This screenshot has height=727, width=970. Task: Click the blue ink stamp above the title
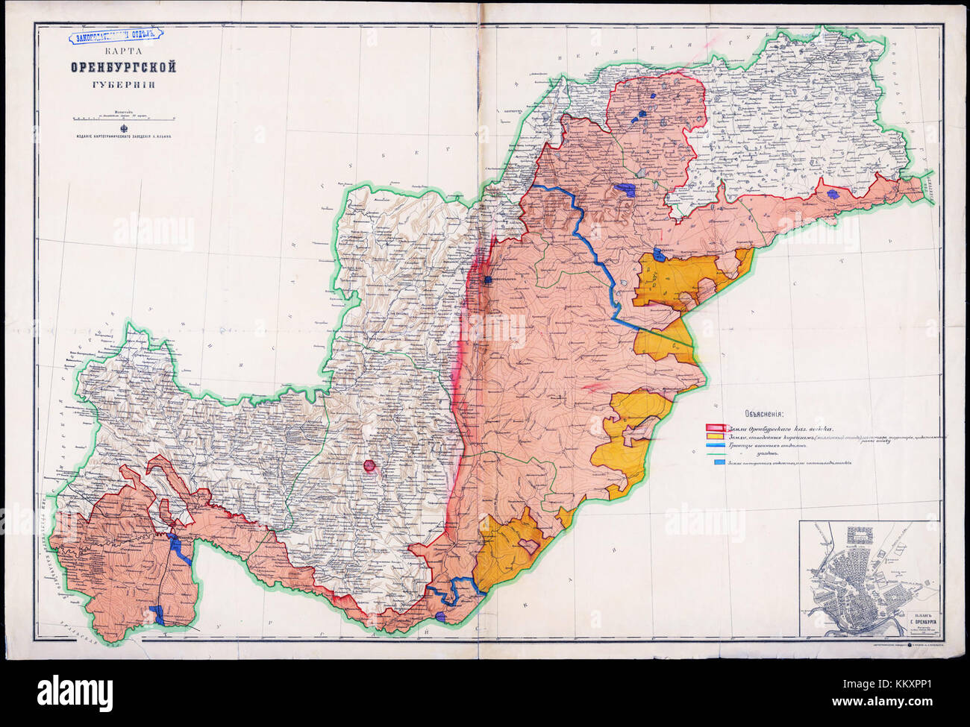[x=113, y=34]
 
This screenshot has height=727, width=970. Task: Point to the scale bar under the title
[x=122, y=118]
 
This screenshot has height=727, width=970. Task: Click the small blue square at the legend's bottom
[x=718, y=463]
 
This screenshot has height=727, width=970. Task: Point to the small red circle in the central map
[x=369, y=467]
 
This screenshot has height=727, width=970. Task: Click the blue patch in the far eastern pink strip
[x=833, y=193]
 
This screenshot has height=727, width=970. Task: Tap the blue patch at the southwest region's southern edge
[x=159, y=615]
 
